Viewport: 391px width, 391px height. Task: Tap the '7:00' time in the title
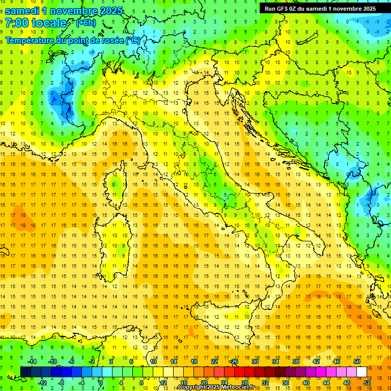coord(17,23)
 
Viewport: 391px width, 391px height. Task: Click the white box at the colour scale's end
coord(362,372)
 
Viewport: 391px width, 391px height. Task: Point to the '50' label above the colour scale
coord(357,361)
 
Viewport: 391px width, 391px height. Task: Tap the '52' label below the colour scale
coord(367,383)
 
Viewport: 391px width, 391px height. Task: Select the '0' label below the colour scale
coord(101,383)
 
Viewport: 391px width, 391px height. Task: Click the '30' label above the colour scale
coord(255,361)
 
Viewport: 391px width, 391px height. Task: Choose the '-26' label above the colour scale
coord(234,361)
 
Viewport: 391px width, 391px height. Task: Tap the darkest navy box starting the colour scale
coord(25,372)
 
